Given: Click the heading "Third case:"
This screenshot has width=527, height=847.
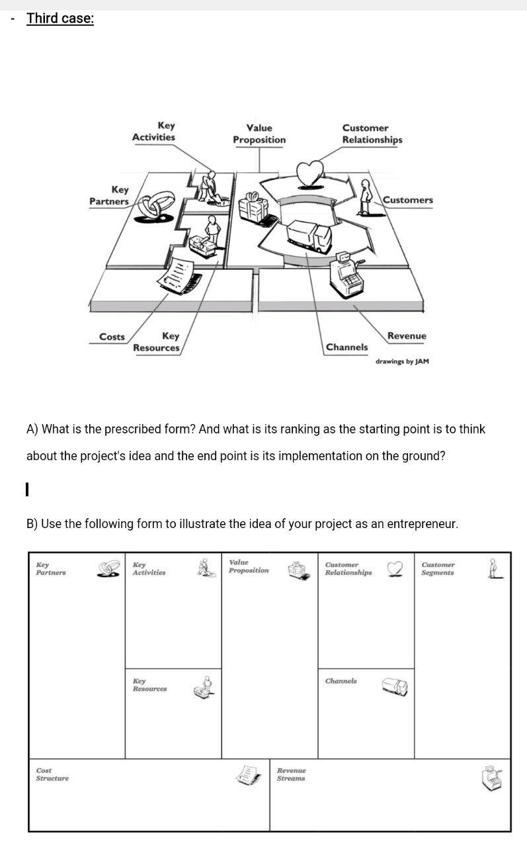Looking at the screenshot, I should click(x=60, y=19).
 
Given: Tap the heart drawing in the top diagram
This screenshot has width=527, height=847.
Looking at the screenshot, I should click(x=309, y=173).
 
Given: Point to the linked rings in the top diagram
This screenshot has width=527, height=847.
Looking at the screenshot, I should click(x=155, y=206).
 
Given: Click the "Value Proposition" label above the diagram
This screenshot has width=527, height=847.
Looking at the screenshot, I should click(x=259, y=134).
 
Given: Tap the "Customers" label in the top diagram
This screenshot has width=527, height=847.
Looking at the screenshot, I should click(x=408, y=200).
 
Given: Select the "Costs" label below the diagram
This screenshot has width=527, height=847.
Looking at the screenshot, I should click(x=112, y=337).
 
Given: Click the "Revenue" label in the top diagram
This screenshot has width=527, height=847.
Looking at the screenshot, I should click(x=407, y=336).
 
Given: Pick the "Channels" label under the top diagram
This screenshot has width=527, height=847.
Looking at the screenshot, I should click(x=346, y=347).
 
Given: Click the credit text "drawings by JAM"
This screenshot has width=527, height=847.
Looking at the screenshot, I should click(x=402, y=361).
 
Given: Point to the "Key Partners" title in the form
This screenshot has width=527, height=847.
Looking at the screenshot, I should click(x=51, y=568).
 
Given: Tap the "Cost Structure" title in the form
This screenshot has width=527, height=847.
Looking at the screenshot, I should click(x=52, y=774).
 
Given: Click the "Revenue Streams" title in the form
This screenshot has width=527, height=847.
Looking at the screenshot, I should click(x=291, y=774).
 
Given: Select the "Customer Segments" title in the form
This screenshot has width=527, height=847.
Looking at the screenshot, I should click(x=438, y=568).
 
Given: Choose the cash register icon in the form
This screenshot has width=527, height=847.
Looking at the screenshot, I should click(x=493, y=778).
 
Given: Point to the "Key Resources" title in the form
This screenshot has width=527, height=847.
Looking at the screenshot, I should click(x=149, y=685).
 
